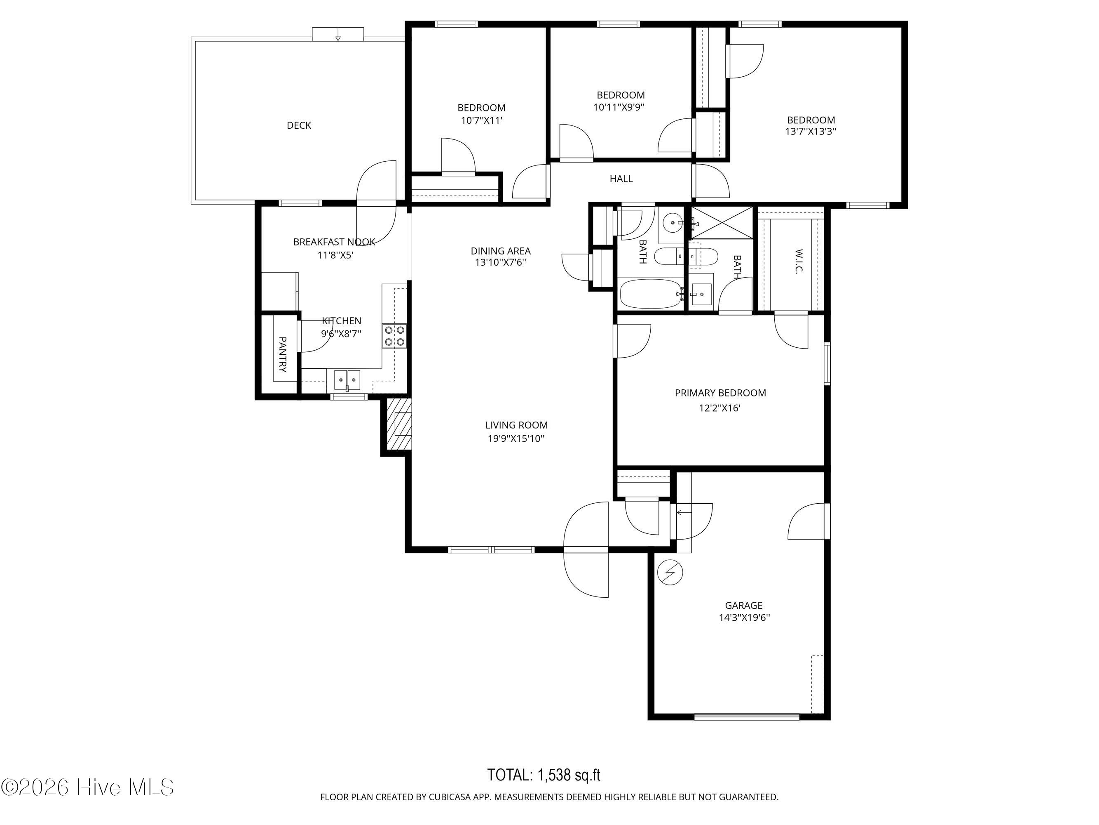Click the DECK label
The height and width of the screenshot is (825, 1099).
(x=299, y=125)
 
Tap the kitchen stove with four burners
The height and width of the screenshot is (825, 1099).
(x=394, y=336)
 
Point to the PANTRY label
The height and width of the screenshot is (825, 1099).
(x=282, y=355)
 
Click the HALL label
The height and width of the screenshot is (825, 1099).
(x=621, y=179)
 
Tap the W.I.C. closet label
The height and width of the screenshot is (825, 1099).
(x=799, y=262)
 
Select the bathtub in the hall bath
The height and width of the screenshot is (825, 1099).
(x=651, y=293)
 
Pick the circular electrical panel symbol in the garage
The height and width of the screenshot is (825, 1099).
(x=670, y=573)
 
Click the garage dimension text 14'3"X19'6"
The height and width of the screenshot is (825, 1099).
(x=744, y=618)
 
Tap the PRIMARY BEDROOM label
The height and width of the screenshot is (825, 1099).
(x=720, y=393)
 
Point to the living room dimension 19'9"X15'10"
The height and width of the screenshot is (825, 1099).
(x=516, y=438)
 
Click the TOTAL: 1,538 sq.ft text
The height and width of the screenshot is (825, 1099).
(x=544, y=775)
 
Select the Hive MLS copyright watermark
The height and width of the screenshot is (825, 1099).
(x=88, y=787)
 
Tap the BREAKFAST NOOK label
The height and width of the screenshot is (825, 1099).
(x=334, y=242)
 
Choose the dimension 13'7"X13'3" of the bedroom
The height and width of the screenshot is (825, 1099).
(x=811, y=132)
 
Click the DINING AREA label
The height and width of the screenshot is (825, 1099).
(x=501, y=251)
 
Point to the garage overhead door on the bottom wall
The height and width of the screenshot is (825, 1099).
(x=747, y=717)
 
